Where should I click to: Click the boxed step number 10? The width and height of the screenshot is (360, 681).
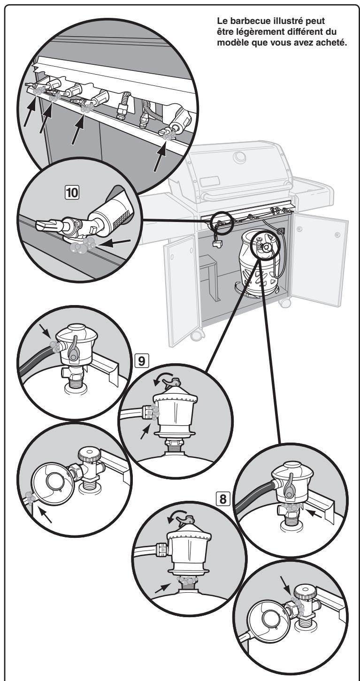72,193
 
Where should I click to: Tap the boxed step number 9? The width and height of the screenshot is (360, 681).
142,361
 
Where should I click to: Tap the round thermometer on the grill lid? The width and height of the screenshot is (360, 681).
239,157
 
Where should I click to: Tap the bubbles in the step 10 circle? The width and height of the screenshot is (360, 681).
83,246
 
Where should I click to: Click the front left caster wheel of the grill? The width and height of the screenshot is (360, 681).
198,335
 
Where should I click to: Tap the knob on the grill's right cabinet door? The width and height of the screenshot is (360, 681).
337,234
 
